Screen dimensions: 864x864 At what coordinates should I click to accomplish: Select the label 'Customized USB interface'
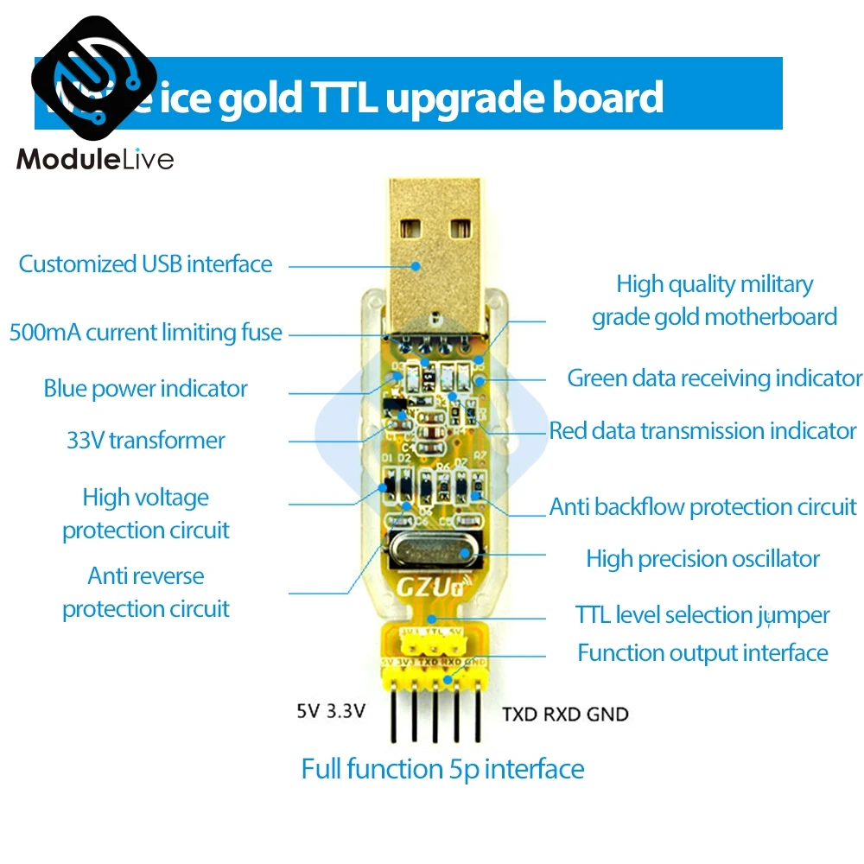[x=145, y=264]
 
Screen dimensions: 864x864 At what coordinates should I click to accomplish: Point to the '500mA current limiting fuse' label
[x=145, y=332]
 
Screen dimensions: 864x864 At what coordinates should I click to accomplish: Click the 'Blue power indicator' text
[x=145, y=388]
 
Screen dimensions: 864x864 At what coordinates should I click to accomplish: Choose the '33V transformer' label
[x=145, y=440]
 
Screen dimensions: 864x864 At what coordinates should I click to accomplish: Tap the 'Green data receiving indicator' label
[x=715, y=378]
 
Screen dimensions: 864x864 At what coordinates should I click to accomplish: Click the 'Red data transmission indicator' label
[x=702, y=430]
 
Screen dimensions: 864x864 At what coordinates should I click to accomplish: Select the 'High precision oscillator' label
[x=702, y=558]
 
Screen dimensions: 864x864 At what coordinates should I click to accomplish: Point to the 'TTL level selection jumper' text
[x=702, y=615]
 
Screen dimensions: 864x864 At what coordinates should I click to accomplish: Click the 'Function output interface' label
[x=702, y=652]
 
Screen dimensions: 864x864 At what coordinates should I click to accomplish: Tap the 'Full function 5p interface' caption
[x=442, y=768]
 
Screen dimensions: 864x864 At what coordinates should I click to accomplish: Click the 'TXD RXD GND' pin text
[x=565, y=715]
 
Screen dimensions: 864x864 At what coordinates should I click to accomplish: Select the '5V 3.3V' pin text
[x=331, y=713]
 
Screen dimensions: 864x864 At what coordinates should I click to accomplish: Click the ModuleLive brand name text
[x=95, y=160]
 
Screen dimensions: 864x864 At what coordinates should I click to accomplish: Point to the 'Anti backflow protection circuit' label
[x=702, y=507]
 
